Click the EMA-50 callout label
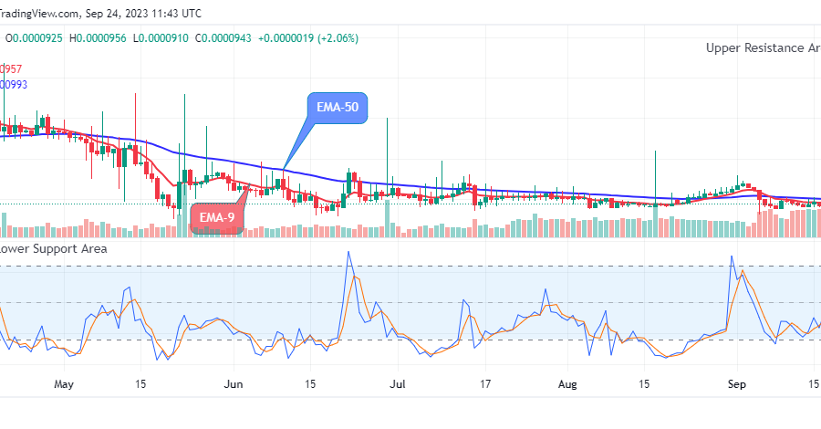(x=338, y=108)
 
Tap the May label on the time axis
(x=63, y=384)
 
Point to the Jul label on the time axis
(x=398, y=384)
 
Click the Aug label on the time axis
(x=568, y=384)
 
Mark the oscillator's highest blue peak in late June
(x=348, y=253)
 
